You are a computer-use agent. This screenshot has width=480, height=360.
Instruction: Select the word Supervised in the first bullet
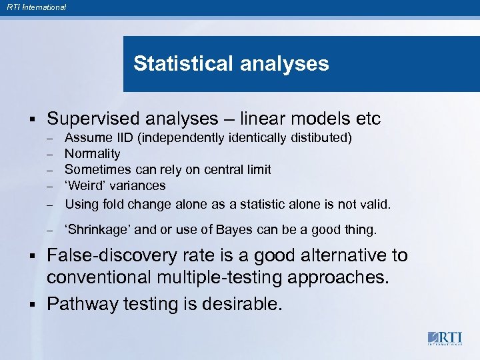coord(96,119)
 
